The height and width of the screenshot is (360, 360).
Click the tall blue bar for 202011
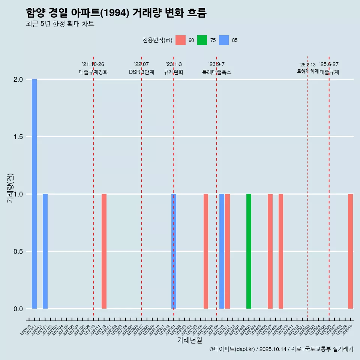pos(34,194)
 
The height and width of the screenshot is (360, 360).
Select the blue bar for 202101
pos(45,251)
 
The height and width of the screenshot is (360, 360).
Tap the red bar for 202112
pos(104,251)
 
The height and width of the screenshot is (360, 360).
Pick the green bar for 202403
pos(249,251)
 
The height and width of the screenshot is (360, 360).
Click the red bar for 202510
pos(350,251)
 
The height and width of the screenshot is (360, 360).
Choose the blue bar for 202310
pos(222,251)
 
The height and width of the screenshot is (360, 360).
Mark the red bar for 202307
pos(206,251)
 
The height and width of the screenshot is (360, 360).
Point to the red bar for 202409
pos(281,251)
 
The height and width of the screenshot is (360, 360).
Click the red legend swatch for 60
pos(180,40)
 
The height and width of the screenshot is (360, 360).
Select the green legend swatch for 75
pos(202,40)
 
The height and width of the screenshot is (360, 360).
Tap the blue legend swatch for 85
pos(224,40)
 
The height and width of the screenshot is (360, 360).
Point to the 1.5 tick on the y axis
pos(18,137)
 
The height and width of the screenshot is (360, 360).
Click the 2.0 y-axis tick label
pos(18,79)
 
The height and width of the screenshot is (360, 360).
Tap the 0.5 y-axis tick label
pos(18,252)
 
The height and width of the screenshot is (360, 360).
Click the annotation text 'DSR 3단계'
pos(141,72)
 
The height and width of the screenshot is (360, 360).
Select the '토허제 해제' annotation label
pos(307,71)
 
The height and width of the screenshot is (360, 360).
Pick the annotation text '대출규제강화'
pos(93,72)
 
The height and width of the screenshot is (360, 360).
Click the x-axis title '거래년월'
pos(189,340)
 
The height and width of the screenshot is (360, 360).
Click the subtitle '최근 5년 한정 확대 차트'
pos(60,24)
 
